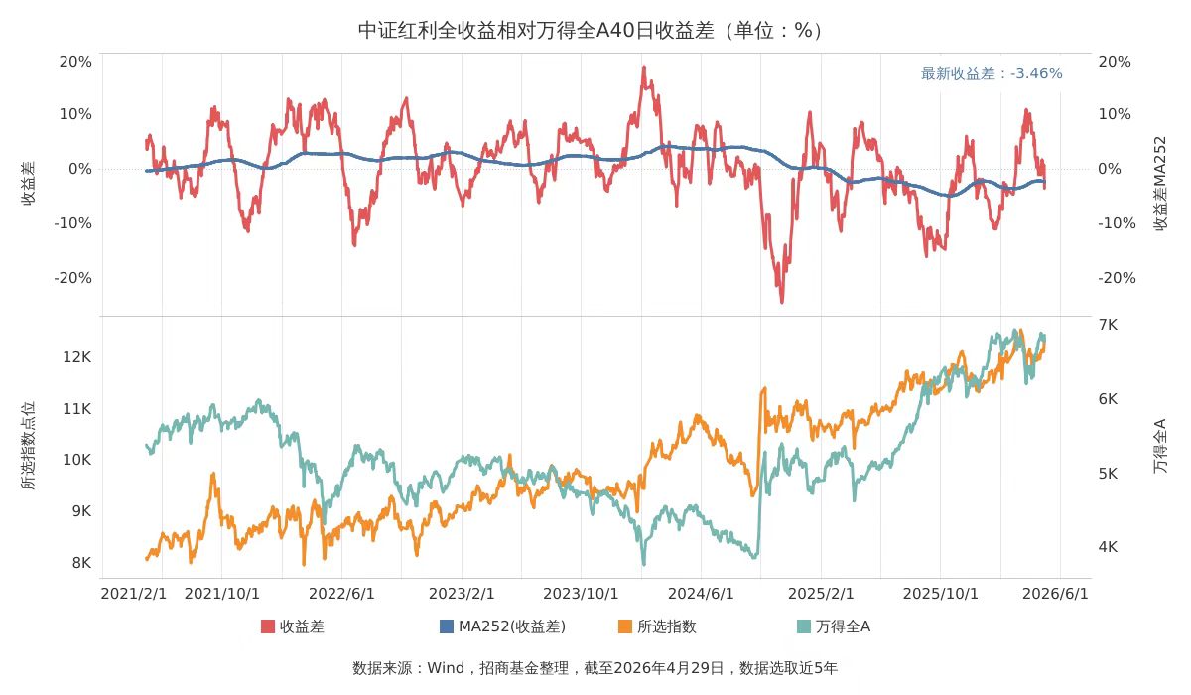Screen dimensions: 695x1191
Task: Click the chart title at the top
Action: pos(595,30)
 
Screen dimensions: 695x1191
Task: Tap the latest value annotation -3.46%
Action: pos(991,73)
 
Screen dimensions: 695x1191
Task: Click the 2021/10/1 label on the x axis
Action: pos(222,593)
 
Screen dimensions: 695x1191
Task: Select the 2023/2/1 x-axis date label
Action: pos(462,593)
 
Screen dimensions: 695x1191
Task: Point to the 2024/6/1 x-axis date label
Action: pos(701,593)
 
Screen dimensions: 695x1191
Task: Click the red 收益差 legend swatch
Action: pos(268,626)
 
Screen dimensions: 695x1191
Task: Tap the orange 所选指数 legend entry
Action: pos(657,626)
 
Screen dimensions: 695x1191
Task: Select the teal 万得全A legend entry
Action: pos(834,626)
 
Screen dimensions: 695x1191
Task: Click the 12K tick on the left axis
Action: pos(77,356)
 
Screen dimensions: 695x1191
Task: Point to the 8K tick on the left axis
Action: pos(81,563)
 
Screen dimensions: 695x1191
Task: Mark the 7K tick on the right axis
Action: pos(1107,325)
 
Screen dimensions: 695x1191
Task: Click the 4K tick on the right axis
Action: pos(1107,547)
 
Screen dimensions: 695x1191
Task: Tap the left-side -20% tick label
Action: pos(72,278)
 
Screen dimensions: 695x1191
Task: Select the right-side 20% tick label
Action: pos(1115,62)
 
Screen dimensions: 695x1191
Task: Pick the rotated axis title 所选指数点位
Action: pos(29,446)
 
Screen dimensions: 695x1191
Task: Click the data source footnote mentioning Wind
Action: pos(595,668)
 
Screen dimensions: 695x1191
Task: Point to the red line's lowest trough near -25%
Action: pos(781,302)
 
